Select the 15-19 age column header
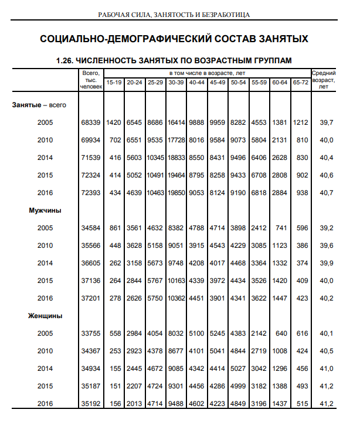pos(114,82)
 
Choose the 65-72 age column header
pos(301,82)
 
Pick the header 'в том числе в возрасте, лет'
pos(207,73)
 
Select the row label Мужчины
pos(45,210)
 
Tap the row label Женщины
pos(45,315)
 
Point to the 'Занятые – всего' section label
pos(39,104)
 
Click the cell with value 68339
pos(90,122)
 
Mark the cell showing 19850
pos(176,193)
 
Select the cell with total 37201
pos(90,298)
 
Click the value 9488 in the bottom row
pos(176,403)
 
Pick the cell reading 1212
pos(301,122)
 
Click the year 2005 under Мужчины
pos(45,228)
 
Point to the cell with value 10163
pos(176,280)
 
